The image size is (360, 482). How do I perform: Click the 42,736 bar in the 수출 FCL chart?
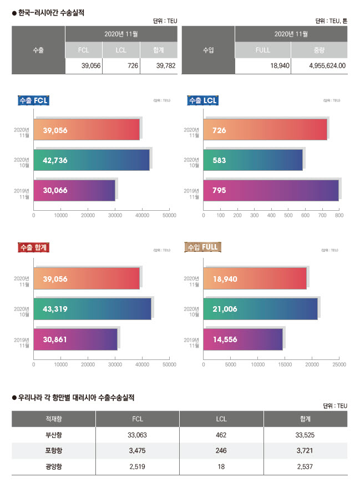point(92,160)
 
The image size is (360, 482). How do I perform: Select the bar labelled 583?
point(253,160)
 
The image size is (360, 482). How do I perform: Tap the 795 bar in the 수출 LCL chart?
point(271,190)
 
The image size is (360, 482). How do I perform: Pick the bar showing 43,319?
point(92,308)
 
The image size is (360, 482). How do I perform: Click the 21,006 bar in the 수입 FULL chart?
point(261,308)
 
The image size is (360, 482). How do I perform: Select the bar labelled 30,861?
point(75,339)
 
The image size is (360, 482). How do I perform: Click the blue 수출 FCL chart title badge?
point(33,100)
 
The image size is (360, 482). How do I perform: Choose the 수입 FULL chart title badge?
point(203,248)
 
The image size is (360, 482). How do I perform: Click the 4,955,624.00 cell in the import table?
point(319,65)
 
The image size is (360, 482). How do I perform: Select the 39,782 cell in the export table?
point(159,65)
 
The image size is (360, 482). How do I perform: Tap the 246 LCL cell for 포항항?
point(221,450)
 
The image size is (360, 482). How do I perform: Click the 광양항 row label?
point(54,466)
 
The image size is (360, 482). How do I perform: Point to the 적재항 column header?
point(54,418)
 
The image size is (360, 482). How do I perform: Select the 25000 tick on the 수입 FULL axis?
point(339,364)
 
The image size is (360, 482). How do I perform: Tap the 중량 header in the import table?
point(319,50)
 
